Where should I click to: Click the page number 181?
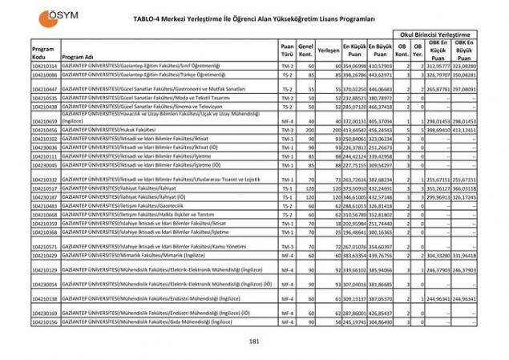[254, 342]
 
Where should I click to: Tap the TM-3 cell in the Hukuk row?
[287, 129]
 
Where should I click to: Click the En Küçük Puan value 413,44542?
[353, 129]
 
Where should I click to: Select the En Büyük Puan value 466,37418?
[380, 107]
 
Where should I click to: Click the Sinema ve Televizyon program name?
[151, 107]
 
